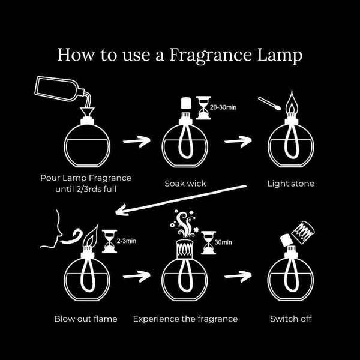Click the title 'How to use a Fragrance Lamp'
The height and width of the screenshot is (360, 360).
tap(180, 55)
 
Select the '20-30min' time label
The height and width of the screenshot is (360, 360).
tap(223, 109)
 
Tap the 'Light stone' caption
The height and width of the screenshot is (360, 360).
tap(290, 183)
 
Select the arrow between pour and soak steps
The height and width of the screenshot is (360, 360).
tap(136, 142)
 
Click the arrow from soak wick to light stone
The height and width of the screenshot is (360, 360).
tap(238, 142)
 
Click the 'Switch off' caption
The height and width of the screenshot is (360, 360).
tap(290, 318)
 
